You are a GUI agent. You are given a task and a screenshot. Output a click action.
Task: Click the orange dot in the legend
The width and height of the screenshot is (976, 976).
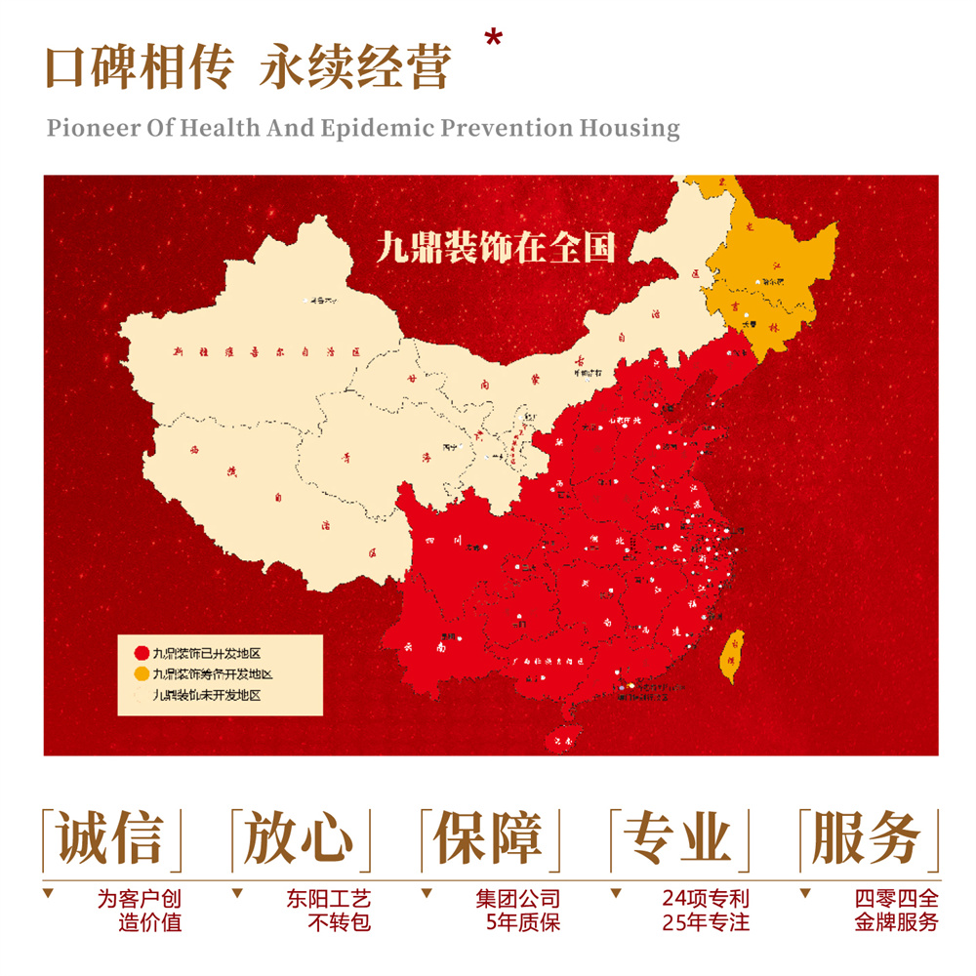pyautogui.click(x=141, y=673)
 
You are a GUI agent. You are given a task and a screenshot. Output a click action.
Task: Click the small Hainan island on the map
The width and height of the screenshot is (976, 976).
pyautogui.click(x=560, y=739)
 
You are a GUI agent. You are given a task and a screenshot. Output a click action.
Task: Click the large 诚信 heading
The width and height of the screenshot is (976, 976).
pyautogui.click(x=109, y=837)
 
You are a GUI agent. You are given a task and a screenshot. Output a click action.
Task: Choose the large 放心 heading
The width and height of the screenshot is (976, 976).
pyautogui.click(x=299, y=837)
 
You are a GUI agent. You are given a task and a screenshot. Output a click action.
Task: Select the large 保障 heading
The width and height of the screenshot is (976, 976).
pyautogui.click(x=488, y=837)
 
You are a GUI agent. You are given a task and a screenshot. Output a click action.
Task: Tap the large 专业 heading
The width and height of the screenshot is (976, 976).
pyautogui.click(x=677, y=837)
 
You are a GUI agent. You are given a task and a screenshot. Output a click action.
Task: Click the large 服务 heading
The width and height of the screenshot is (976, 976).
pyautogui.click(x=867, y=837)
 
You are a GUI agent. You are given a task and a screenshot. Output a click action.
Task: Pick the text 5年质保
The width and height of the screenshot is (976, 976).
pyautogui.click(x=523, y=921)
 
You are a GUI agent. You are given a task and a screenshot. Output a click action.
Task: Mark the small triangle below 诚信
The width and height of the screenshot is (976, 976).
pyautogui.click(x=49, y=893)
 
